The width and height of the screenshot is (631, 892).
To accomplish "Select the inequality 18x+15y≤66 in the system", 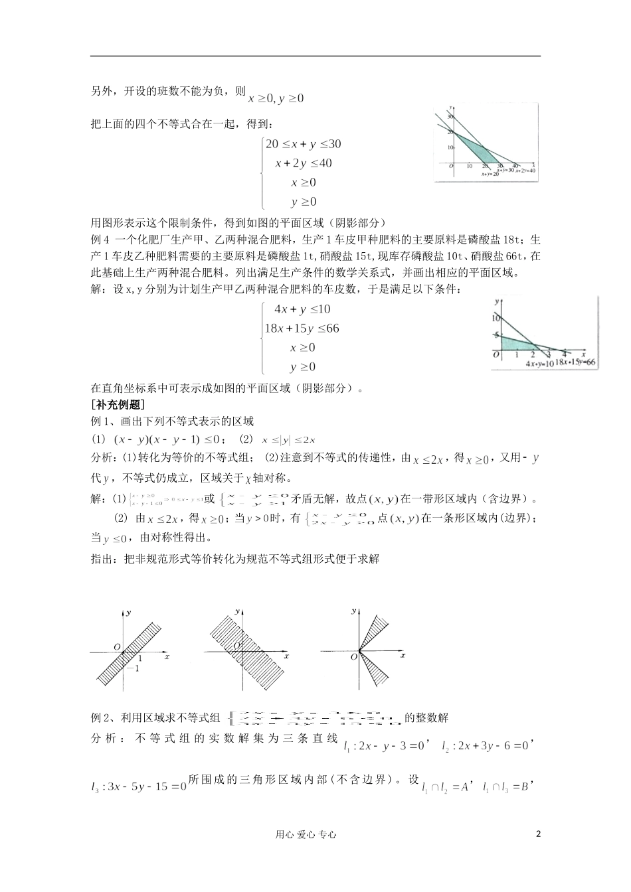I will (x=302, y=329).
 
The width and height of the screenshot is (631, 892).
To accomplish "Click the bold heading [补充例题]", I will (x=118, y=404).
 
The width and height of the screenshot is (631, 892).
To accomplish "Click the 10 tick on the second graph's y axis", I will (x=495, y=319).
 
